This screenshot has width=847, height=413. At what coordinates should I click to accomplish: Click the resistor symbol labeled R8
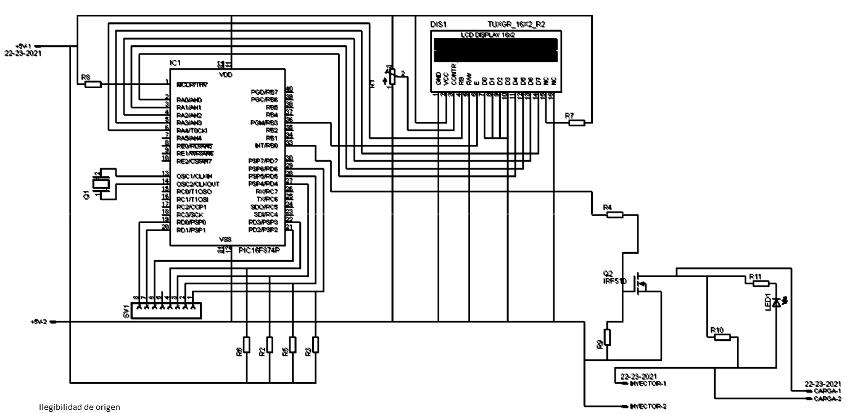pos(93,84)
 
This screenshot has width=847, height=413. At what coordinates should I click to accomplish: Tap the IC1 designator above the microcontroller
pos(176,63)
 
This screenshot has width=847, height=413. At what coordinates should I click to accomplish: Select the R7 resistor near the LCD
pos(576,123)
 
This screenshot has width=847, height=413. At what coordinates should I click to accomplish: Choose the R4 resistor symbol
pos(614,215)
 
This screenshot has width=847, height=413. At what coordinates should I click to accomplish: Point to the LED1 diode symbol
pos(776,301)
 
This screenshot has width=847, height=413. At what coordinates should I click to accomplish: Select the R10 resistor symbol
pos(721,337)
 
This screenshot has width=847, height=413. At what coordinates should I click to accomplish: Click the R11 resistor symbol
pos(760,283)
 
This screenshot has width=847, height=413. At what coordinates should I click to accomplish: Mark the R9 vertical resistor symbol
pos(607,337)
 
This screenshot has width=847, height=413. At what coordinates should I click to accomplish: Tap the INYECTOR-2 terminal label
pos(647,406)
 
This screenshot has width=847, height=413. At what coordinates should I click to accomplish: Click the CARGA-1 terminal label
pos(827,391)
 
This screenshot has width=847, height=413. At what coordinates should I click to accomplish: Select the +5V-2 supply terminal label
pos(40,322)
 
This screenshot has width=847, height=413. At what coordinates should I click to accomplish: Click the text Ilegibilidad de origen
pos(80,407)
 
